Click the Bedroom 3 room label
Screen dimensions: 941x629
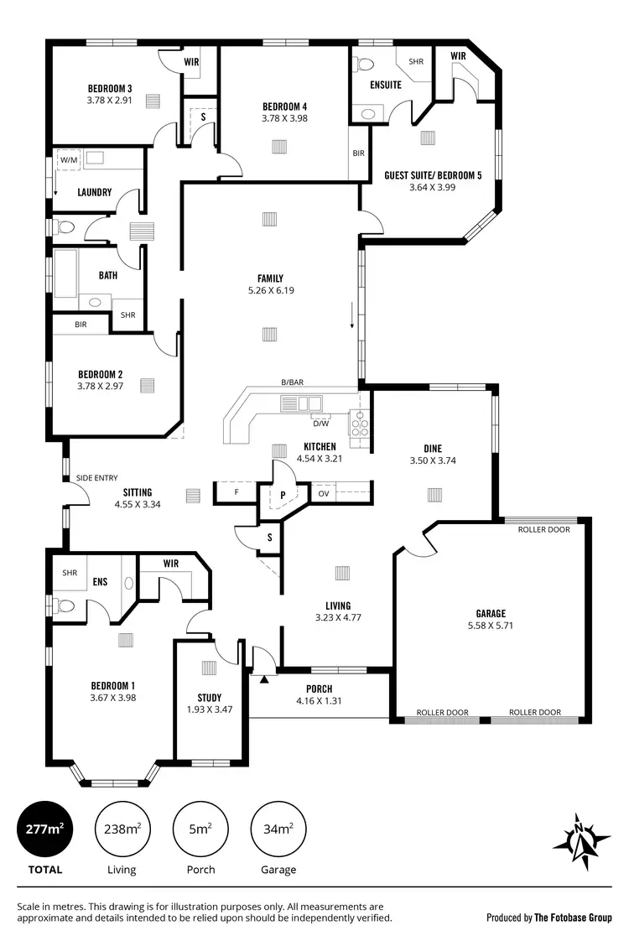[x=111, y=88]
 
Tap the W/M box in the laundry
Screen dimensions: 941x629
[x=68, y=159]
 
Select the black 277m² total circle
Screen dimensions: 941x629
[x=44, y=829]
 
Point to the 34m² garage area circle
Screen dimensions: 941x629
[x=278, y=829]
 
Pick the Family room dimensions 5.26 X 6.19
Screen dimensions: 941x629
[x=270, y=291]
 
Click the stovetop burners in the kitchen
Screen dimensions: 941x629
[x=359, y=423]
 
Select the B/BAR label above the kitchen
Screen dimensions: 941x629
[x=293, y=382]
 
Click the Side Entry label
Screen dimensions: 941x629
[x=97, y=478]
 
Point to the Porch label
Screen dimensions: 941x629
[x=320, y=689]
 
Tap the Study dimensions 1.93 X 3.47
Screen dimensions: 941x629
[x=210, y=710]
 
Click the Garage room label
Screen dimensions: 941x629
[x=490, y=613]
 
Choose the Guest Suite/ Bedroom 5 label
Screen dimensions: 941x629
[x=433, y=175]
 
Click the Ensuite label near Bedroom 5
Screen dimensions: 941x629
[x=386, y=85]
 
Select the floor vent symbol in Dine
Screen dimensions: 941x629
[x=434, y=495]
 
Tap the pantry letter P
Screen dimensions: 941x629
[x=283, y=495]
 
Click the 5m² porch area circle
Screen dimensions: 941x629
[x=200, y=829]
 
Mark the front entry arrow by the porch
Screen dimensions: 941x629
[x=265, y=678]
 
